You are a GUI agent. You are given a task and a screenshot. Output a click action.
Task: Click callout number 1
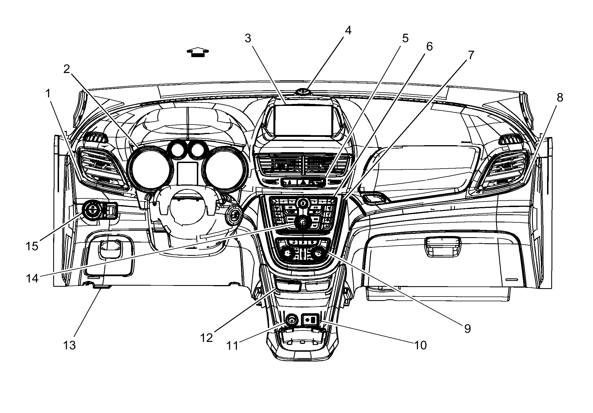coord(48,94)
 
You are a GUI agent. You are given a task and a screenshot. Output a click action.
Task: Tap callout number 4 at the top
coord(348,30)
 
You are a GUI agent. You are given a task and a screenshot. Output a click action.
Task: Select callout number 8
coord(560,98)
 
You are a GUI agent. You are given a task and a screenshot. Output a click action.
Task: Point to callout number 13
coord(69,345)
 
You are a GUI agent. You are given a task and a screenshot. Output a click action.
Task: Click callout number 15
coord(32,246)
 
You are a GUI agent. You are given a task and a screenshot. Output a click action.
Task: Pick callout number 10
coord(420,345)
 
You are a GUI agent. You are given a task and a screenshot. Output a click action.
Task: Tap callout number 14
coord(32,278)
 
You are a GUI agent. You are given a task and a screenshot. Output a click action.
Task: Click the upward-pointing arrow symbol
coord(198,52)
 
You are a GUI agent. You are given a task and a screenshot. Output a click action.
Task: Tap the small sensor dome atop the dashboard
coord(303,92)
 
